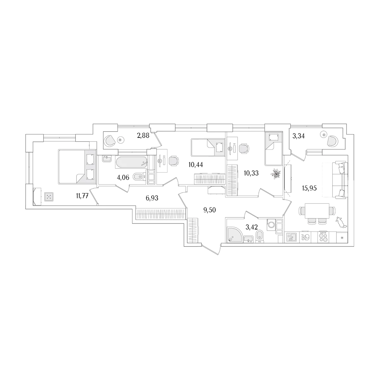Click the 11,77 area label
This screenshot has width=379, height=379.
pos(82,196)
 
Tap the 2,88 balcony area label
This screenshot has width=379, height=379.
pos(143,136)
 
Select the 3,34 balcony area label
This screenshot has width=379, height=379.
pos(298,136)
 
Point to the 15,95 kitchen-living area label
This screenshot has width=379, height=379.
pos(309,188)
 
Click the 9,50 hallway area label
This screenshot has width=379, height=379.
pos(210,210)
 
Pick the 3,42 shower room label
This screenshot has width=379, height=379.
pos(252,227)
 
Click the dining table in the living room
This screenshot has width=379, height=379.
pos(317,210)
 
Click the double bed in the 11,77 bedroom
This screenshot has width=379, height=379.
pos(77,167)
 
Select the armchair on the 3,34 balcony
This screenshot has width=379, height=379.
pos(333,141)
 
